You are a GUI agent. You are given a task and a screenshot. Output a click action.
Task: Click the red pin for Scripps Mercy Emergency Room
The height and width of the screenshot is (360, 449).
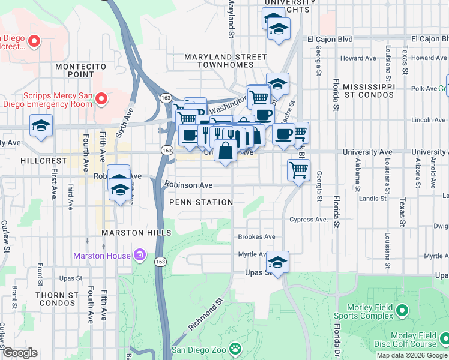click(101, 98)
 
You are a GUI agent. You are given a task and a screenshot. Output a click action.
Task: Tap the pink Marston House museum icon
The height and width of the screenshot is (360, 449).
click(140, 256)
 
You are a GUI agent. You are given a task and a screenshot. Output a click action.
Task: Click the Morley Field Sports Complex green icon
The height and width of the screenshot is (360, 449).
click(402, 311)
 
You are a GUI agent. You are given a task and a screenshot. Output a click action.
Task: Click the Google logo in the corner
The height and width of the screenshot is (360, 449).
click(20, 353)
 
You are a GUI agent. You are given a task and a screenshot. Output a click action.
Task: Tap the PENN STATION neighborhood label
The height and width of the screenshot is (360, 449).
click(200, 202)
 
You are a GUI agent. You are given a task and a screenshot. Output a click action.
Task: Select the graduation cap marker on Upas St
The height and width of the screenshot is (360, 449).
click(277, 262)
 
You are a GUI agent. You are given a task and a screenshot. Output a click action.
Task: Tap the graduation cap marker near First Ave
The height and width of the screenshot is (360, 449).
click(41, 126)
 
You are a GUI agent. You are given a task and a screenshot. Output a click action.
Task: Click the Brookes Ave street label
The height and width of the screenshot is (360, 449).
click(256, 237)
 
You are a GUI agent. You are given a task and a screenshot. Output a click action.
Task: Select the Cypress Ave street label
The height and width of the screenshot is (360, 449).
click(309, 220)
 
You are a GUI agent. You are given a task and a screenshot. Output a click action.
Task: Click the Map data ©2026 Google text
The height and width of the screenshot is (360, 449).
click(412, 355)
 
